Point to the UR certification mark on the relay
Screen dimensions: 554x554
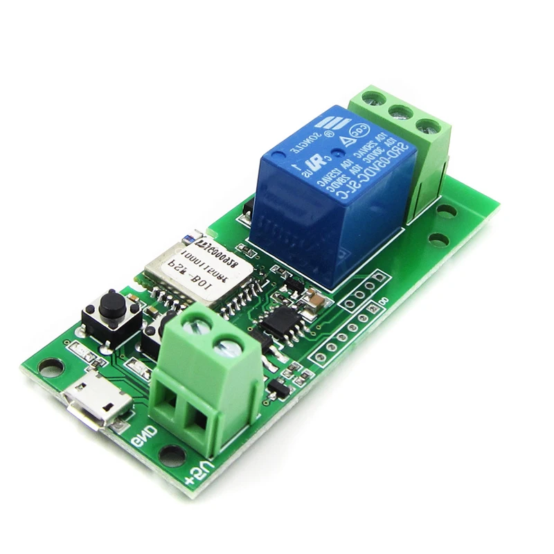click(x=313, y=168)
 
